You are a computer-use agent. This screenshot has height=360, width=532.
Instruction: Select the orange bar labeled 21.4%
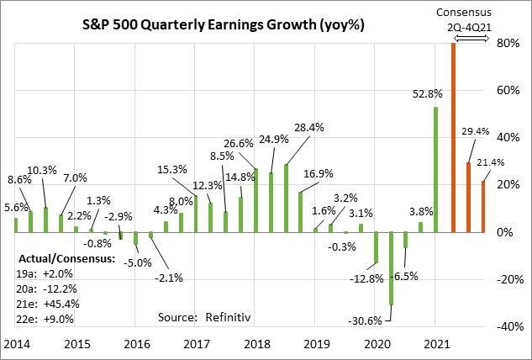pos(483,206)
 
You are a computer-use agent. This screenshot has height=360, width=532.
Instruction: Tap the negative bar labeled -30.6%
pos(391,268)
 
